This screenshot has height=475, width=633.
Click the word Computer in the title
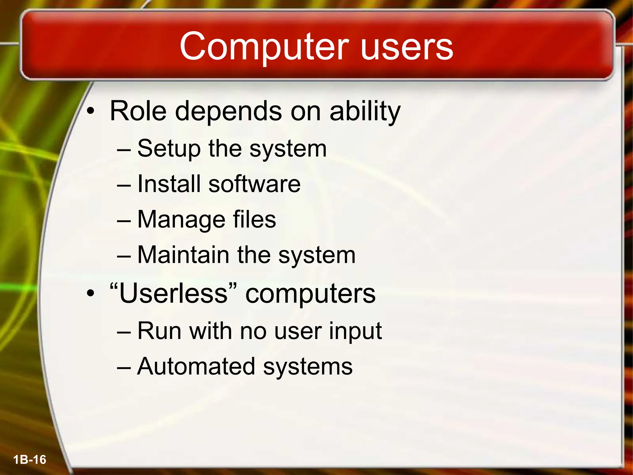click(264, 47)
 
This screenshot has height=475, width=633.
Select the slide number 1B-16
click(30, 460)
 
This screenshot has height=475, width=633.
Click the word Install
click(168, 184)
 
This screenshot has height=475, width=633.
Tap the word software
click(254, 184)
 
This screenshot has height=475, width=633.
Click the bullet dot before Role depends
click(90, 111)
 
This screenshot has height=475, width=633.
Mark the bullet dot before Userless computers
click(90, 293)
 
